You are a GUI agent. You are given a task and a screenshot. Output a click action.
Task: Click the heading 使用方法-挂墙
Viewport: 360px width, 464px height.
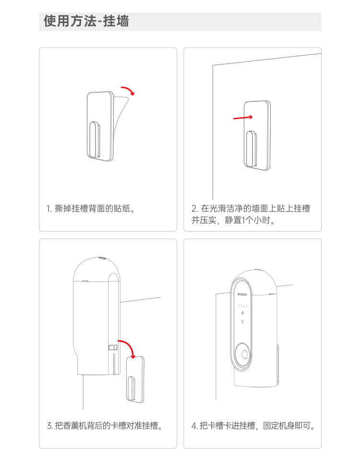pos(86,21)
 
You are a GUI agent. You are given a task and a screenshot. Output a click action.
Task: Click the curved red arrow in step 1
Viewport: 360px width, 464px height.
pos(129,89)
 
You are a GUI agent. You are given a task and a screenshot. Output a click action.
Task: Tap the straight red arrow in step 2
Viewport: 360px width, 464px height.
pos(243,118)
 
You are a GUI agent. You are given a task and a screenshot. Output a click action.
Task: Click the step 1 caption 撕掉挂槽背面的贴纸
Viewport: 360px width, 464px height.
pos(91,208)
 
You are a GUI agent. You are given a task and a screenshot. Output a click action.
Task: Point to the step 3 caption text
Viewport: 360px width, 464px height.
pos(105,426)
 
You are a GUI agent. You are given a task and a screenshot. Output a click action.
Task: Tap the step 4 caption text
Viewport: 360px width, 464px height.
pos(253,426)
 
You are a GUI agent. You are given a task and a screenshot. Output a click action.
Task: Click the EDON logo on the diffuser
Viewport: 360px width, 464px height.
pos(242,294)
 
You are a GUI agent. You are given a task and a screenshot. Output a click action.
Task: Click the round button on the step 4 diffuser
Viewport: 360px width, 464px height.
pos(245,354)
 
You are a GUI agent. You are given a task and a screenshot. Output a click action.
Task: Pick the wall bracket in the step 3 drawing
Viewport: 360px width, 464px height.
pos(135,379)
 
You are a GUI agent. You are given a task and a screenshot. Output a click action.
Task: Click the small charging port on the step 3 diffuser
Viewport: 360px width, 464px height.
pos(113,347)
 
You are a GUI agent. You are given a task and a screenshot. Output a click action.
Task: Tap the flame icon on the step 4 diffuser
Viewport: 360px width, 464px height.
pos(242,313)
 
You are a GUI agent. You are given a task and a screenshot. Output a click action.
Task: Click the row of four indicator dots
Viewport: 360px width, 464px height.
pos(242,305)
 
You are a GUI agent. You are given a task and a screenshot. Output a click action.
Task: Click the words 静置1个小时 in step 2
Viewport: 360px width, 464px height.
pos(250,220)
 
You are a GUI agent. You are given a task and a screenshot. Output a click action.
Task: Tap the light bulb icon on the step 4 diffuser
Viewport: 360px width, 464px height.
pos(242,322)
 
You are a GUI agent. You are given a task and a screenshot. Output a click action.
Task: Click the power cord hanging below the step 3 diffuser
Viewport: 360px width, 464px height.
pos(83,392)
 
